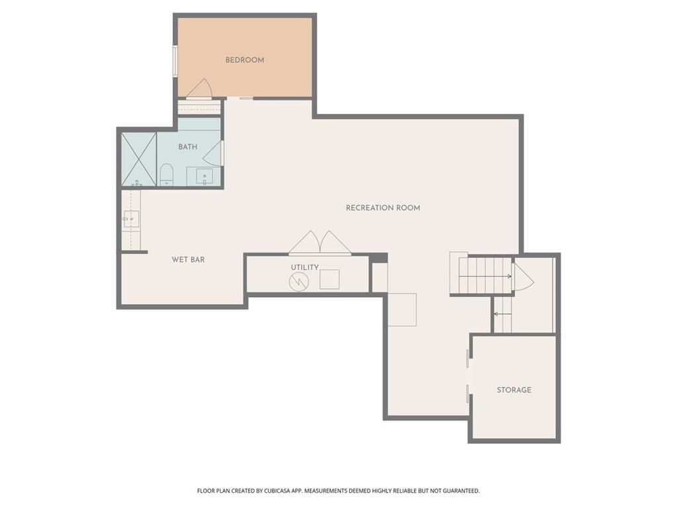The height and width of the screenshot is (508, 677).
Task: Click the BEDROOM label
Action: pyautogui.click(x=245, y=60)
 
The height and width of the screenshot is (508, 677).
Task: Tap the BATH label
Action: pyautogui.click(x=188, y=147)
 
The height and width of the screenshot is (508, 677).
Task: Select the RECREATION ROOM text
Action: pyautogui.click(x=383, y=208)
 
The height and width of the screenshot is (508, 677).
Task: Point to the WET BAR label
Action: pyautogui.click(x=188, y=259)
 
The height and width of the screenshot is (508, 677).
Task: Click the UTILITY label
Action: pyautogui.click(x=305, y=267)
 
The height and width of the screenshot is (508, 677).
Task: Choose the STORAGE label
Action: pyautogui.click(x=514, y=390)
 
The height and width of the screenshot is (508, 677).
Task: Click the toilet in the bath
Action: pyautogui.click(x=166, y=174)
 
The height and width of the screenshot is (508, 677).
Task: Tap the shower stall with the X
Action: pyautogui.click(x=139, y=159)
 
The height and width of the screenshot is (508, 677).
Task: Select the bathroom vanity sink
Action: pyautogui.click(x=204, y=177)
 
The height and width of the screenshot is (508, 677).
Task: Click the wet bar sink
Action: pyautogui.click(x=132, y=219)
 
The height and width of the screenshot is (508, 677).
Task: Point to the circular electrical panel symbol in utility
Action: pyautogui.click(x=299, y=282)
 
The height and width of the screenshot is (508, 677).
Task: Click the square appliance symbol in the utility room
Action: pyautogui.click(x=329, y=279)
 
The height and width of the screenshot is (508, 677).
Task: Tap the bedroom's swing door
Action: pyautogui.click(x=199, y=89)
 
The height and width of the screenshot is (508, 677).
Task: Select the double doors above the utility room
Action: pyautogui.click(x=319, y=243)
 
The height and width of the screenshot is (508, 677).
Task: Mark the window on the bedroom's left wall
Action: pyautogui.click(x=175, y=62)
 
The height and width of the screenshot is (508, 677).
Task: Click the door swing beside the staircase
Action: pyautogui.click(x=523, y=277)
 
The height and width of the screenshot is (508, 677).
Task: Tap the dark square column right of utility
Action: pyautogui.click(x=379, y=258)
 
